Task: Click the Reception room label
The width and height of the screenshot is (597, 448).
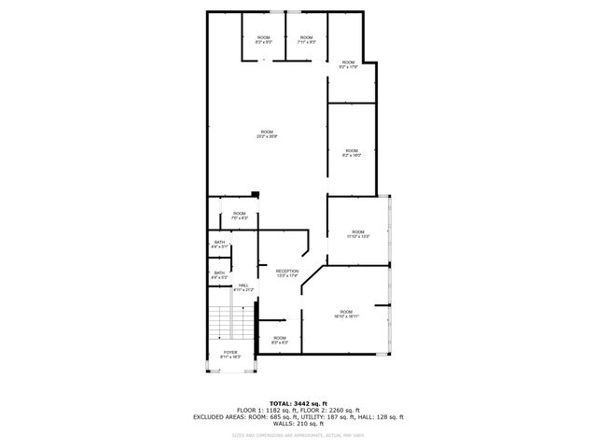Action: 286,273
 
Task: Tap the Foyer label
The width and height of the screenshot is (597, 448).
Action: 229,355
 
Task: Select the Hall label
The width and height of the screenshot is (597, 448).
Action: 243,287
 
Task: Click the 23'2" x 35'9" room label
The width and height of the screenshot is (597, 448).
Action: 267,134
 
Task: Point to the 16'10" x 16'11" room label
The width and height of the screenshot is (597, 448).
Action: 346,314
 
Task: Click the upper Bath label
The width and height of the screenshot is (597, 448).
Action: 219,245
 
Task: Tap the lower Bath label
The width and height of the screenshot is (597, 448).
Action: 219,275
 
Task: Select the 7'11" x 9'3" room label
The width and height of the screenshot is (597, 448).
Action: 306,39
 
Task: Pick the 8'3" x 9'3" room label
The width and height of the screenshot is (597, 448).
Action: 263,39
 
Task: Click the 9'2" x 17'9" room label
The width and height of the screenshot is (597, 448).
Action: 349,64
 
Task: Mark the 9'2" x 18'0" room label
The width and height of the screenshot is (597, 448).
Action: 351,152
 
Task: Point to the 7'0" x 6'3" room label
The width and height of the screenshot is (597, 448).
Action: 239,216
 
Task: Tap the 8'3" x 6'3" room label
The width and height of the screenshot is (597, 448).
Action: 279,341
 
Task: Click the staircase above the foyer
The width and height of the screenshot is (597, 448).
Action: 229,324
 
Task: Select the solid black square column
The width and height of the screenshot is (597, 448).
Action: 254,194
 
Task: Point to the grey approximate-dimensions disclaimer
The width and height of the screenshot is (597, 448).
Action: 298,435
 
